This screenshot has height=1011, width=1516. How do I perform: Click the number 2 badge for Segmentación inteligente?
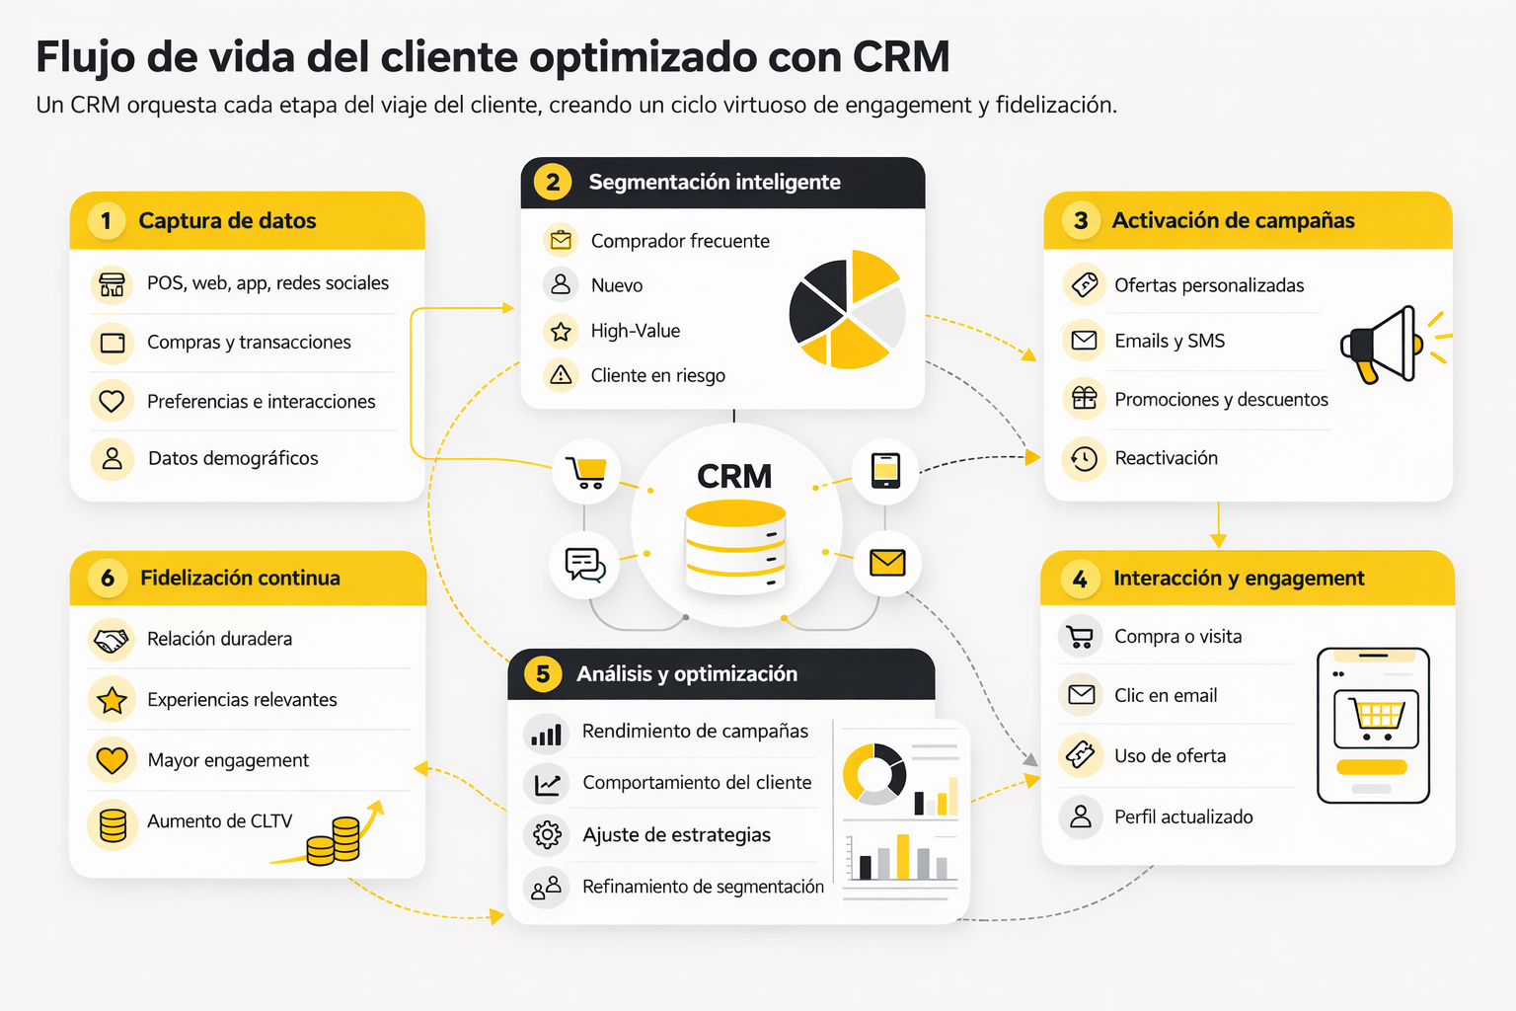click(x=553, y=182)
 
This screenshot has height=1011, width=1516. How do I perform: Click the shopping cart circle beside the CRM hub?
click(x=586, y=472)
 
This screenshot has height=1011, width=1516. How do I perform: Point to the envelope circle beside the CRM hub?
click(x=886, y=563)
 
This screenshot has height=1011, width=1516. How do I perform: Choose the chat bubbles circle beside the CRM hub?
click(x=584, y=565)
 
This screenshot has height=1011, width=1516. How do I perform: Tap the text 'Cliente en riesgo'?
click(x=657, y=375)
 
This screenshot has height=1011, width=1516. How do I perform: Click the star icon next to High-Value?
click(x=561, y=331)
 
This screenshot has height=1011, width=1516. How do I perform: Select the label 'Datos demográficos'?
click(x=233, y=458)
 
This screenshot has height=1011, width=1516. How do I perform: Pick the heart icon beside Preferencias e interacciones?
click(x=113, y=401)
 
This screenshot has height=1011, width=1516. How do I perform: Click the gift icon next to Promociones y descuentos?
click(x=1084, y=398)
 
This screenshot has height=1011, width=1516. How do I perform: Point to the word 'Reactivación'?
click(x=1166, y=458)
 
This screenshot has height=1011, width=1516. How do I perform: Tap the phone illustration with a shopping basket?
click(x=1373, y=725)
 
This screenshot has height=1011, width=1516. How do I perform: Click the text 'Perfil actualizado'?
click(x=1183, y=817)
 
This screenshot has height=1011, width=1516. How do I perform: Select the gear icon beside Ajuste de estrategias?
click(x=547, y=834)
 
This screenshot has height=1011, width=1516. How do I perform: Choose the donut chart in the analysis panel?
click(x=873, y=774)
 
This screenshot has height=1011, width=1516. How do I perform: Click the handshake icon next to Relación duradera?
click(x=112, y=640)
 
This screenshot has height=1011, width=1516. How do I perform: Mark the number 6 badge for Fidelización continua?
click(x=108, y=578)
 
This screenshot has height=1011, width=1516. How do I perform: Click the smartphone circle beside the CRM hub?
click(x=885, y=470)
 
